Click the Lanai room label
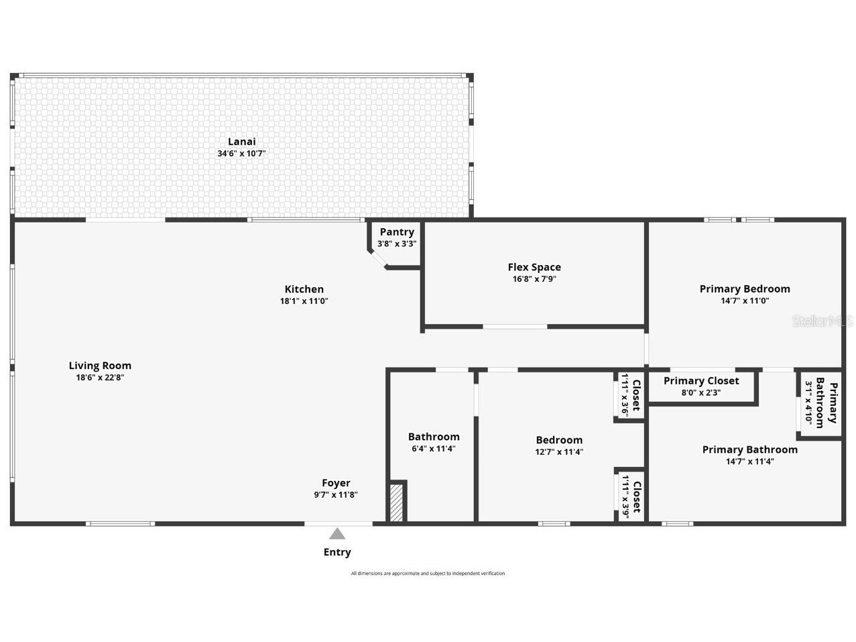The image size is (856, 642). coord(241,142)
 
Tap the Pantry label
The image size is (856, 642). coord(397,232)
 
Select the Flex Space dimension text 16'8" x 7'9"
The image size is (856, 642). coord(534,279)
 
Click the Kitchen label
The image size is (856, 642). coord(304,289)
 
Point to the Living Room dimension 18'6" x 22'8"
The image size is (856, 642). coord(100,378)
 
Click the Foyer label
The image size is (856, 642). coord(336,483)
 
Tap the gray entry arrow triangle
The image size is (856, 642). coord(337,534)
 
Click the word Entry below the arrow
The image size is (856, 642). coord(337,552)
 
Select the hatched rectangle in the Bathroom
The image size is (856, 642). coord(397,502)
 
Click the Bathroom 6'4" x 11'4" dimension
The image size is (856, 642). coord(434,449)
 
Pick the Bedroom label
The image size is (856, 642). coord(559,440)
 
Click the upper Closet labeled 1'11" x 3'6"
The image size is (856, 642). coord(631,396)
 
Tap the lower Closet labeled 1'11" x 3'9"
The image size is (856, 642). coord(631,495)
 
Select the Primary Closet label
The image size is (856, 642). coord(701,381)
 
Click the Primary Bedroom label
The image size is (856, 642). coord(745,289)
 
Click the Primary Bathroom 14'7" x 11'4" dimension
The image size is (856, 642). coord(750,462)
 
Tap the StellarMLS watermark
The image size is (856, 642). coord(823,321)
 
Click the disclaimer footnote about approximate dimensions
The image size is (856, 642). coord(428,574)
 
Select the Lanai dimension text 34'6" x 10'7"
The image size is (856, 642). coord(241,154)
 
